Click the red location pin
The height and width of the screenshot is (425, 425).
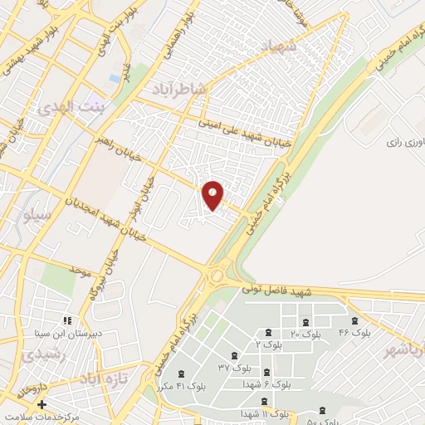tap(213, 194)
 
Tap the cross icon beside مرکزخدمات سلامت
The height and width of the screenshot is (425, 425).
tap(42, 404)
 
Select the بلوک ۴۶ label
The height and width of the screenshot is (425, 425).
tap(354, 333)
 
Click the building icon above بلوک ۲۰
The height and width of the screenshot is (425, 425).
tap(306, 322)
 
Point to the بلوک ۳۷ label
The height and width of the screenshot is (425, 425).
tap(235, 366)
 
